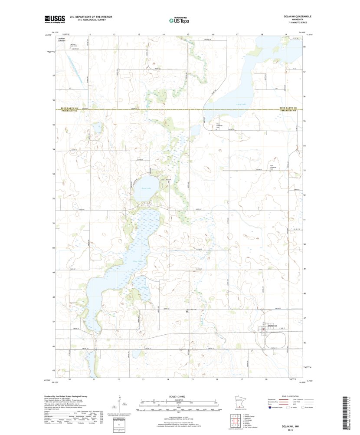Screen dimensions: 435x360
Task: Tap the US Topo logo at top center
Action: click(179, 19)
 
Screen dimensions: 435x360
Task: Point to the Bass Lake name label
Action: click(145, 188)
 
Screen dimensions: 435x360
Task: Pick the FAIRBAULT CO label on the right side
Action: click(288, 110)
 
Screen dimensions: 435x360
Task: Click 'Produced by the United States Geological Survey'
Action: click(65, 396)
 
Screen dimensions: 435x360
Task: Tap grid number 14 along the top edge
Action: click(164, 33)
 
